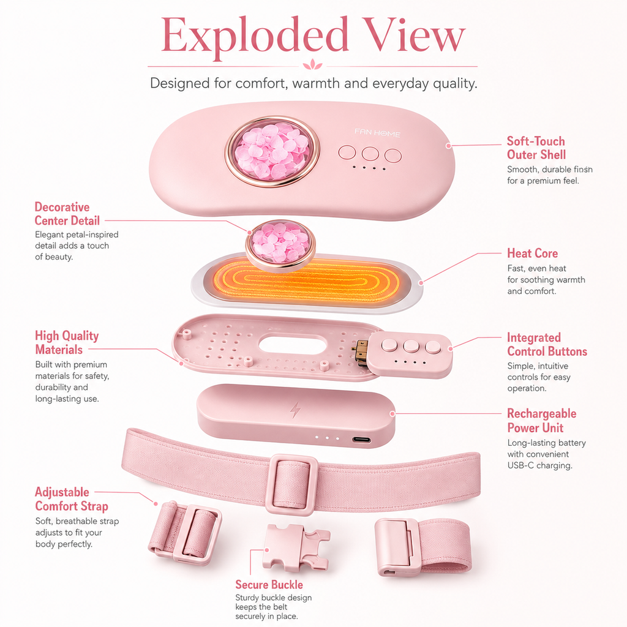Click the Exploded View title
(x=313, y=36)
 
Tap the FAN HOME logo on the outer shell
(x=377, y=133)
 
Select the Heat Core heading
(x=532, y=253)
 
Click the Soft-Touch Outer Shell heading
(x=536, y=148)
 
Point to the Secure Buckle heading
(x=269, y=585)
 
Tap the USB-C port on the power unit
(x=361, y=440)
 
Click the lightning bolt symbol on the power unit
(x=295, y=410)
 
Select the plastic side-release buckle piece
(x=296, y=547)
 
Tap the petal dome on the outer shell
(x=272, y=151)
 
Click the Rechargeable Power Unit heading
(x=541, y=420)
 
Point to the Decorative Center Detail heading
(x=67, y=214)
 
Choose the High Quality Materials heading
(x=67, y=342)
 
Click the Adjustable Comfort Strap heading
(x=71, y=498)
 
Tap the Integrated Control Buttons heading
(x=547, y=344)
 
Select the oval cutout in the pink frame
(x=293, y=345)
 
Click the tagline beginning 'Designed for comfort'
(x=313, y=83)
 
